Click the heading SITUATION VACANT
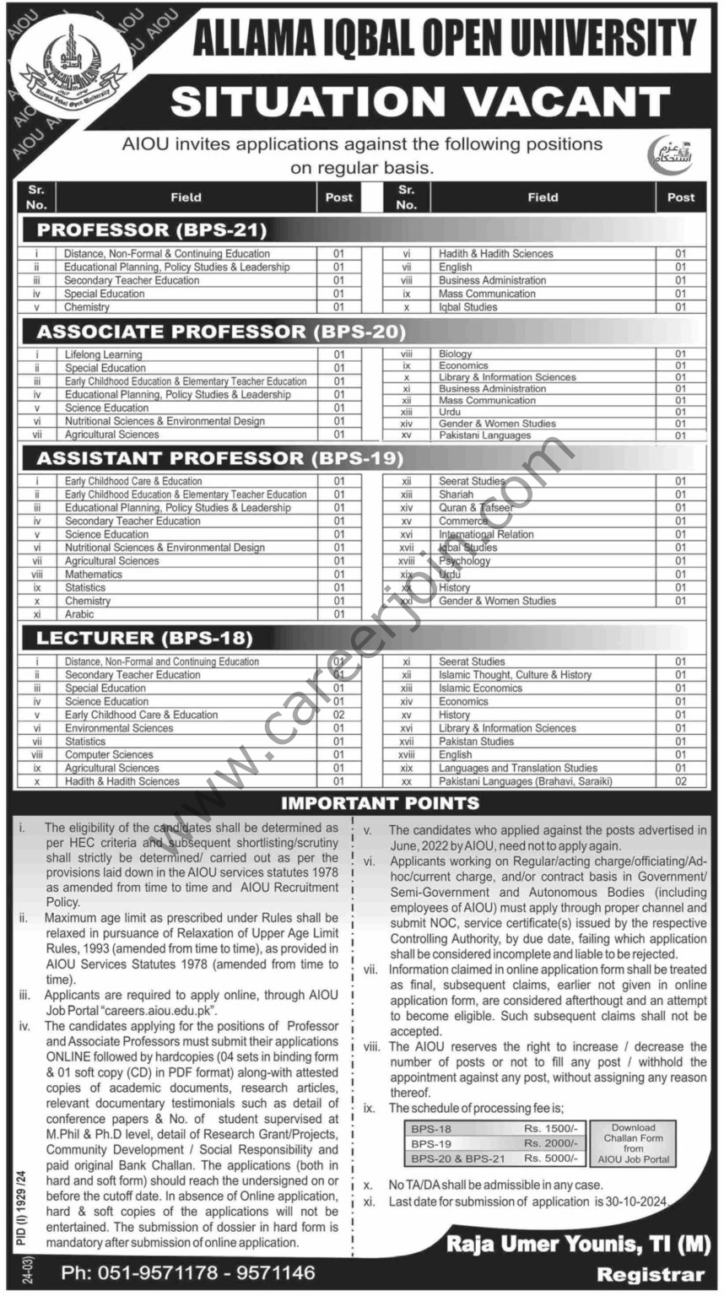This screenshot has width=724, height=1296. (419, 102)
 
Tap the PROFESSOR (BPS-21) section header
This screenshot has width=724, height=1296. (152, 229)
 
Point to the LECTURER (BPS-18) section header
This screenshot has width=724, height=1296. (143, 638)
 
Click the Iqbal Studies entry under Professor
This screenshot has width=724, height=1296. (467, 307)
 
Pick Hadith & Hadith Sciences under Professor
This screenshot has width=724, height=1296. (495, 253)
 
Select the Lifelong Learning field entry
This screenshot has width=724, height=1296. (104, 354)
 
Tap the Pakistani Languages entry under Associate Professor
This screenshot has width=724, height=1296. (484, 435)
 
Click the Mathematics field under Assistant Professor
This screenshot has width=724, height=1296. (94, 574)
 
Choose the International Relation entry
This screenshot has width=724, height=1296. (486, 534)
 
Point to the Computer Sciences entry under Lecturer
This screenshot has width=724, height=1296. (109, 754)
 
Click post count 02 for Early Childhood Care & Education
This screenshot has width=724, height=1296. (338, 715)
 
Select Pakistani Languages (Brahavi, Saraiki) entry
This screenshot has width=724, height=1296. (525, 781)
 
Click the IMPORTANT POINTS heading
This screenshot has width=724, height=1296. (380, 803)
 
